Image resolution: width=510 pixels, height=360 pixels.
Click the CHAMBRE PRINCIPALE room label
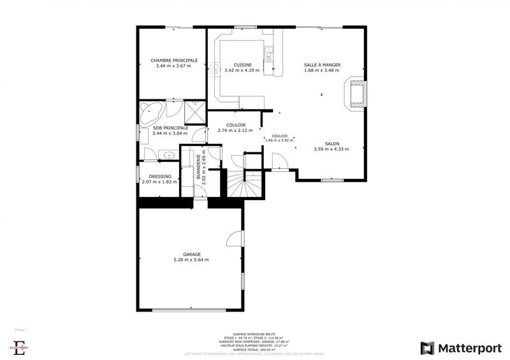pos(174,61)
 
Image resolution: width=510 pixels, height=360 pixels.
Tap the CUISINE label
pos(242,65)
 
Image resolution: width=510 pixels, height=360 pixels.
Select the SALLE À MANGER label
pos(322,65)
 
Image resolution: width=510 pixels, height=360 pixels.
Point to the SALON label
pos(331,144)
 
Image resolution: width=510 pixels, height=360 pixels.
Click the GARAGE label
pos(192,254)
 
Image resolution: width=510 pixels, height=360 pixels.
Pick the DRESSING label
pos(160,176)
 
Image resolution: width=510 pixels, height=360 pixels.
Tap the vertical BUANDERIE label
pos(200,169)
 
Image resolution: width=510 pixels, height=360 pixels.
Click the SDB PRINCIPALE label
pos(170,128)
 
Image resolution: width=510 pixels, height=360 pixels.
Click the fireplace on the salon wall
pos(356,94)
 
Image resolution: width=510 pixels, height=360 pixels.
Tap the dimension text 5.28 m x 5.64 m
pos(191,260)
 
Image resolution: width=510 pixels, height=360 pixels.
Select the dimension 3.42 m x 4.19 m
pos(242,71)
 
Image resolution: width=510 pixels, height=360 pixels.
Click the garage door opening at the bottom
pos(188,310)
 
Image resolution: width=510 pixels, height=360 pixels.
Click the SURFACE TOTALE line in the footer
pos(254,350)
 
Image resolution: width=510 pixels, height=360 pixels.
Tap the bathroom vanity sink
pos(169,155)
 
